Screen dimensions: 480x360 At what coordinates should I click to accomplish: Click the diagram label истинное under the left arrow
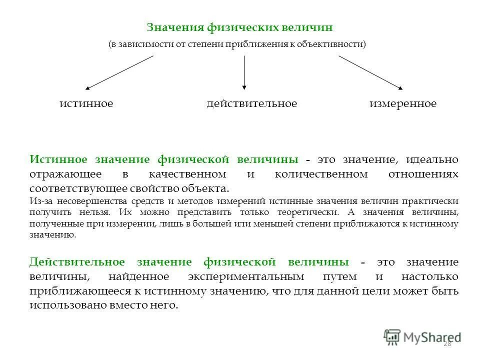[x=86, y=104]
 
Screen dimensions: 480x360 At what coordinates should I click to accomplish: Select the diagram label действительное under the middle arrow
[x=251, y=104]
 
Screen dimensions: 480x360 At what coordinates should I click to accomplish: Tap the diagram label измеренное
[x=403, y=104]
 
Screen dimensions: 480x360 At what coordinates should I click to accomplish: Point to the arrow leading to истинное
[x=119, y=72]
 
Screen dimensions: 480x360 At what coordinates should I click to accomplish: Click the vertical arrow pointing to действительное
[x=244, y=72]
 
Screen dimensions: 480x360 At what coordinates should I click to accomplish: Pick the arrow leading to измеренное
[x=370, y=72]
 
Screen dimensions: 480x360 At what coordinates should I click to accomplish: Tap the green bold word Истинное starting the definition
[x=59, y=159]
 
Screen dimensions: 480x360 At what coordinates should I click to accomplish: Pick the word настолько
[x=429, y=277]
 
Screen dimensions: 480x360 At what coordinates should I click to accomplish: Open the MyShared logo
[x=422, y=337]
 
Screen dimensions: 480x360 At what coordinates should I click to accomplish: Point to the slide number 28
[x=447, y=343]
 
